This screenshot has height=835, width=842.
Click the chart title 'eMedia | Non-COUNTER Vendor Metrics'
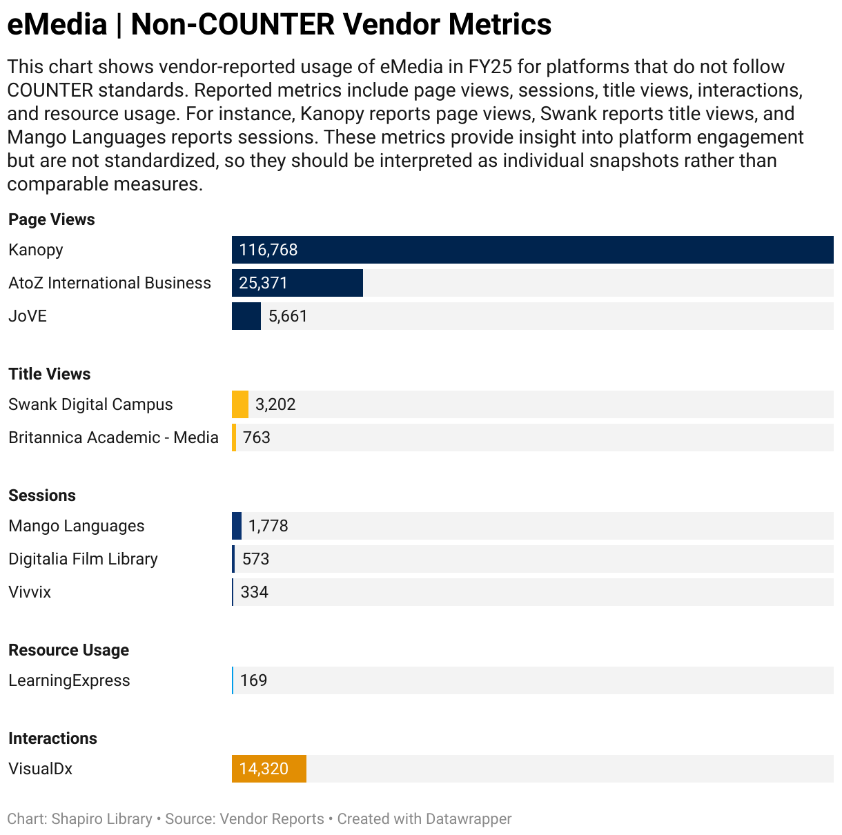(279, 25)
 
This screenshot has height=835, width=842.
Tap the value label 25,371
(263, 283)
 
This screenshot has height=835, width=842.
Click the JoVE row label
(28, 316)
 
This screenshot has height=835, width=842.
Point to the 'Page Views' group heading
(52, 219)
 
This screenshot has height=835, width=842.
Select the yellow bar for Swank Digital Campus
(239, 404)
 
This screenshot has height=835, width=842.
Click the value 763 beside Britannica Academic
(256, 438)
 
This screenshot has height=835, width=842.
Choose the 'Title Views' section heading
(50, 374)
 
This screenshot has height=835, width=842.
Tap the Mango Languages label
(77, 526)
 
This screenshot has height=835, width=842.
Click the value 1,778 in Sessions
(268, 526)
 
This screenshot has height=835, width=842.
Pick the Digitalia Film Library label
(83, 559)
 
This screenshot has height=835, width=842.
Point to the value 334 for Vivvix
(254, 592)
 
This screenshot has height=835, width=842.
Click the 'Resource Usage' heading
(69, 650)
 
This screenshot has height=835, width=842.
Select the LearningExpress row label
(69, 680)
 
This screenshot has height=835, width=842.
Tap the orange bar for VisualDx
(269, 769)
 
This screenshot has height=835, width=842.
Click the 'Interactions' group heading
(52, 738)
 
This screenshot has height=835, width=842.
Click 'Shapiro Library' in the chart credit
(101, 819)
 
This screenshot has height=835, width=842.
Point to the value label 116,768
(268, 250)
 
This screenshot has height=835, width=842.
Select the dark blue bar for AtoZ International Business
(324, 283)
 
